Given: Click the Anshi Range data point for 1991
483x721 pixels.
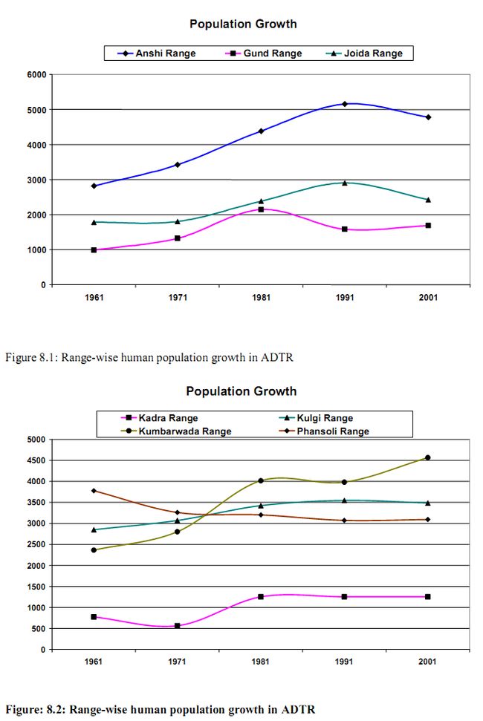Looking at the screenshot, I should tap(345, 104).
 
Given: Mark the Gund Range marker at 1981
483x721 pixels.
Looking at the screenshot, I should tap(261, 209).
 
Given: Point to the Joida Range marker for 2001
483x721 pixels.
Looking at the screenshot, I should tap(428, 200).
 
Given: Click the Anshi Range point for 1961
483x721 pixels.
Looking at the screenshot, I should tap(94, 186).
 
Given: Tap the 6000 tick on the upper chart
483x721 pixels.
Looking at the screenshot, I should tap(36, 74).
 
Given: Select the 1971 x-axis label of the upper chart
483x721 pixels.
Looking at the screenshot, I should tap(178, 297).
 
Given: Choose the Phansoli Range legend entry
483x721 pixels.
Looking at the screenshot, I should tap(334, 431).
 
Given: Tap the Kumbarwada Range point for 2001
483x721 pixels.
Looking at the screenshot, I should tap(428, 457).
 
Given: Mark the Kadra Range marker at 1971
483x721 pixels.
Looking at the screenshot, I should tap(178, 626).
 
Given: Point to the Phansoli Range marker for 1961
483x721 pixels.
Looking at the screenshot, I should tap(94, 491).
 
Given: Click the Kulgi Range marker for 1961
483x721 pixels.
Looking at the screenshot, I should tap(94, 529).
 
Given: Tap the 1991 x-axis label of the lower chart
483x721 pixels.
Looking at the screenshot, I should tap(345, 662).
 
